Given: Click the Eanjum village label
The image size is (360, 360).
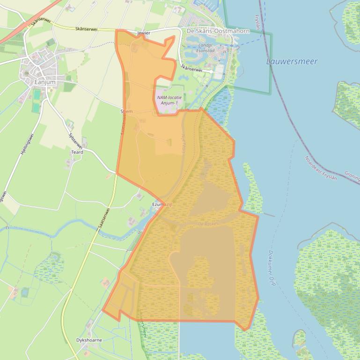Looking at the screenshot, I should (x=45, y=82).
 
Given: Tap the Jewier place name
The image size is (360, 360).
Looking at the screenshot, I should (x=143, y=34).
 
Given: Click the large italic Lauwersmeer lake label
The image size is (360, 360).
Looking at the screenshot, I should (x=292, y=61).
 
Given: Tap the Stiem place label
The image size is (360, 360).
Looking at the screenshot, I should (x=127, y=111).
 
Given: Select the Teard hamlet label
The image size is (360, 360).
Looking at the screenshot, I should (x=77, y=152).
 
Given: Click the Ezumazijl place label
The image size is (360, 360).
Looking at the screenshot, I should (x=162, y=205).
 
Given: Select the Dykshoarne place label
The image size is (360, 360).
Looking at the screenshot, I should (x=89, y=340).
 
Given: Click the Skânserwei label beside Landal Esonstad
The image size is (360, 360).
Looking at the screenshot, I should (x=191, y=69).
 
